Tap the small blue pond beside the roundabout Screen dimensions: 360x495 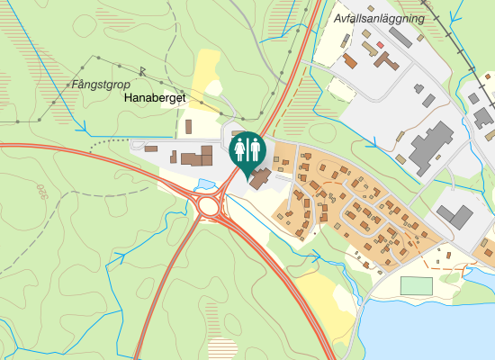[x=206, y=184]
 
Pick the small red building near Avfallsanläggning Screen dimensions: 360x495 [x=381, y=44]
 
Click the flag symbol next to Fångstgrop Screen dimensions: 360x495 [x=143, y=70]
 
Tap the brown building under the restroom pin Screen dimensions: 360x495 [x=259, y=177]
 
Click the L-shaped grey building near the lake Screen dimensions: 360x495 [x=455, y=216]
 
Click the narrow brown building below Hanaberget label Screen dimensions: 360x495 [x=189, y=128]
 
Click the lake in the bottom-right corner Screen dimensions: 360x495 [x=441, y=324]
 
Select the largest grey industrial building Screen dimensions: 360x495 [x=431, y=148]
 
